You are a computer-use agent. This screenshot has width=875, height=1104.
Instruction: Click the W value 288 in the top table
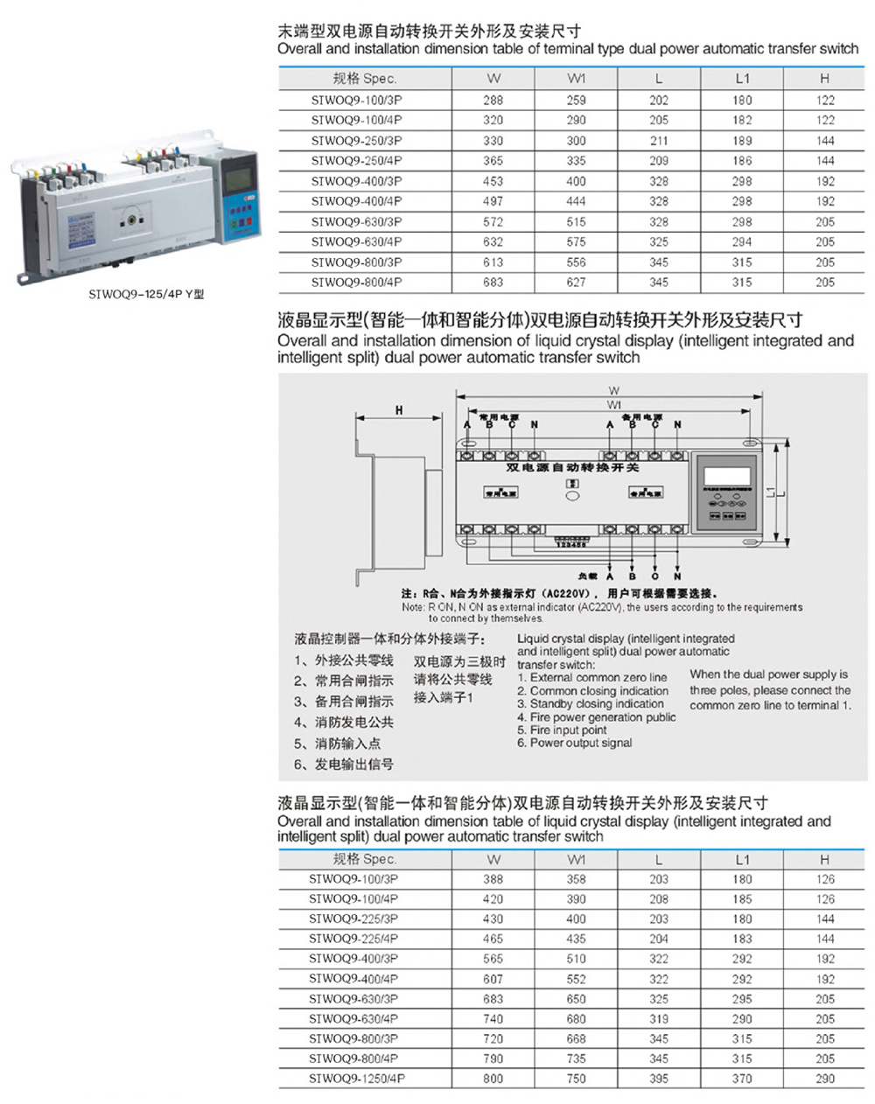coord(493,100)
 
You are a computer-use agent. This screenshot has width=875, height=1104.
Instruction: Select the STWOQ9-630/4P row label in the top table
coord(356,241)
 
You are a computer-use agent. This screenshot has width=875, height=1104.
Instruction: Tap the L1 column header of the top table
coord(742,78)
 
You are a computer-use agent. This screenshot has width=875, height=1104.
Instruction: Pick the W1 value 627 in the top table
coord(576,283)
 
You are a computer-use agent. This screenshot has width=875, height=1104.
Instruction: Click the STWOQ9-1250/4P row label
coord(356,1079)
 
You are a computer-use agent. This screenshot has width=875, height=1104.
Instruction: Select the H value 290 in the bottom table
coord(824,1079)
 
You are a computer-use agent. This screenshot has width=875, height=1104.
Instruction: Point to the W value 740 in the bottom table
coord(493,1018)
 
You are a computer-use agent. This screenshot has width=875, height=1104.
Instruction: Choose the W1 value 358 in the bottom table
coord(576,879)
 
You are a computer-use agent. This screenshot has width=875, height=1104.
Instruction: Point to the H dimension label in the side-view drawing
coord(399,410)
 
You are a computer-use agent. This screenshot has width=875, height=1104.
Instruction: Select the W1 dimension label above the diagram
coord(614,405)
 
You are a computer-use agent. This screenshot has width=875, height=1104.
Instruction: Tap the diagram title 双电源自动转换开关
coord(572,468)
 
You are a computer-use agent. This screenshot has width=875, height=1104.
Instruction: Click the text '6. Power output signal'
coord(574,743)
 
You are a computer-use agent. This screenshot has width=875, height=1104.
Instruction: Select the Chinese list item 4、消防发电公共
coord(344,723)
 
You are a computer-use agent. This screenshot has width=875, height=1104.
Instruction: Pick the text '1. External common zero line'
coord(591,677)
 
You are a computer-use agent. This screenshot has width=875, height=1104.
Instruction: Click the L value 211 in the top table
coord(658,140)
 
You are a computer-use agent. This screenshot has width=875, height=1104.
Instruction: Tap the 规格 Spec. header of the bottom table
coord(365,859)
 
